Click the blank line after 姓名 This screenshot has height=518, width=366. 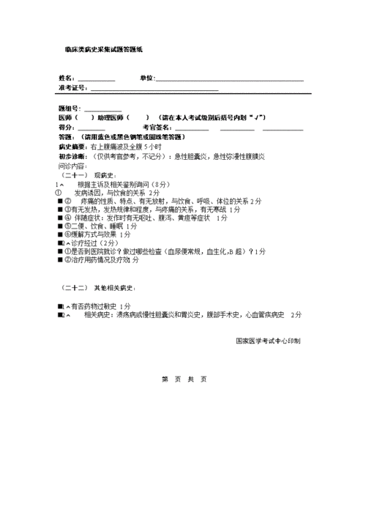click(96, 79)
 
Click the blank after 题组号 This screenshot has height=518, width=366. click(102, 109)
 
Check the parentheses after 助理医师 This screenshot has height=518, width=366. click(138, 117)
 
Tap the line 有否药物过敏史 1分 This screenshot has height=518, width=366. click(99, 306)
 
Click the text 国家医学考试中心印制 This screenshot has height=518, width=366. click(268, 341)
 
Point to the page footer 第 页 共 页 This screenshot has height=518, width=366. click(184, 379)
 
